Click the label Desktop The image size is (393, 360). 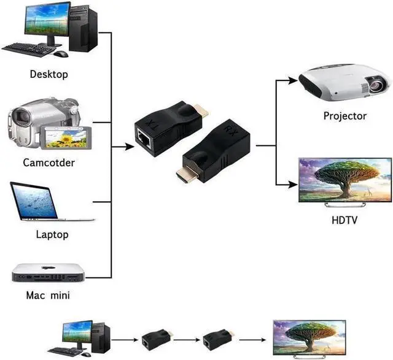(x=49, y=74)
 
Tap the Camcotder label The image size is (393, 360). (x=49, y=163)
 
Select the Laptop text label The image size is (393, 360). (x=52, y=234)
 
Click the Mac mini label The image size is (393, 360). (x=48, y=295)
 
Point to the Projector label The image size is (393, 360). (x=345, y=116)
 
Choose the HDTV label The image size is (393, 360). (x=344, y=220)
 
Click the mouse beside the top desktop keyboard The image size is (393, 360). (x=61, y=54)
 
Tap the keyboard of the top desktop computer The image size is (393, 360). (x=29, y=49)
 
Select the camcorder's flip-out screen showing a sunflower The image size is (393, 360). (x=66, y=138)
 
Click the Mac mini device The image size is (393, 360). (x=49, y=273)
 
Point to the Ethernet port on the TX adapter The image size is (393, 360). (x=144, y=138)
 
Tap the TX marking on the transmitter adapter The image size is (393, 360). (x=152, y=124)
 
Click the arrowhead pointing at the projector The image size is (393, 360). (x=293, y=80)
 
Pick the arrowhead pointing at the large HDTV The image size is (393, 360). (x=293, y=185)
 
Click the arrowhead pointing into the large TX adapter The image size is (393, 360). (x=130, y=147)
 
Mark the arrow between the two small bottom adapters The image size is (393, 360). (x=187, y=340)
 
